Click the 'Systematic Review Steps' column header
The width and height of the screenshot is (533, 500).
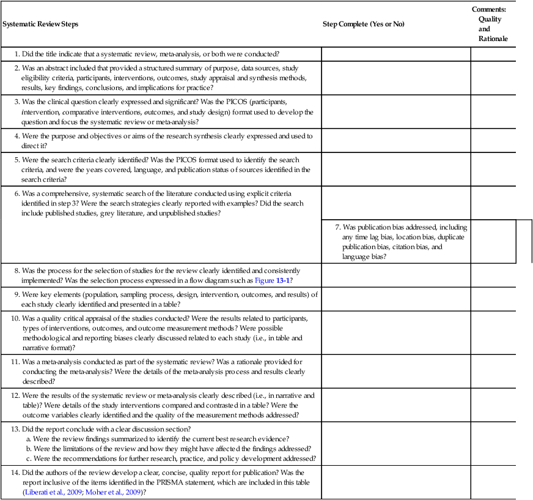[x=40, y=24]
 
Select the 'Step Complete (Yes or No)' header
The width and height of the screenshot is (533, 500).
[x=363, y=24]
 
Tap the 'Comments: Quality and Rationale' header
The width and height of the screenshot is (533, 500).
[x=492, y=24]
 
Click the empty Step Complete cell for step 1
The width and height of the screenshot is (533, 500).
[x=395, y=54]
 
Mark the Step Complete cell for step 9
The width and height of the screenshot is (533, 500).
[x=395, y=299]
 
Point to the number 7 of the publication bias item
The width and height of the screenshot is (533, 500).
[x=337, y=226]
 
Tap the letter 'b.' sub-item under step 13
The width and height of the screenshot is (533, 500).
[x=29, y=449]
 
